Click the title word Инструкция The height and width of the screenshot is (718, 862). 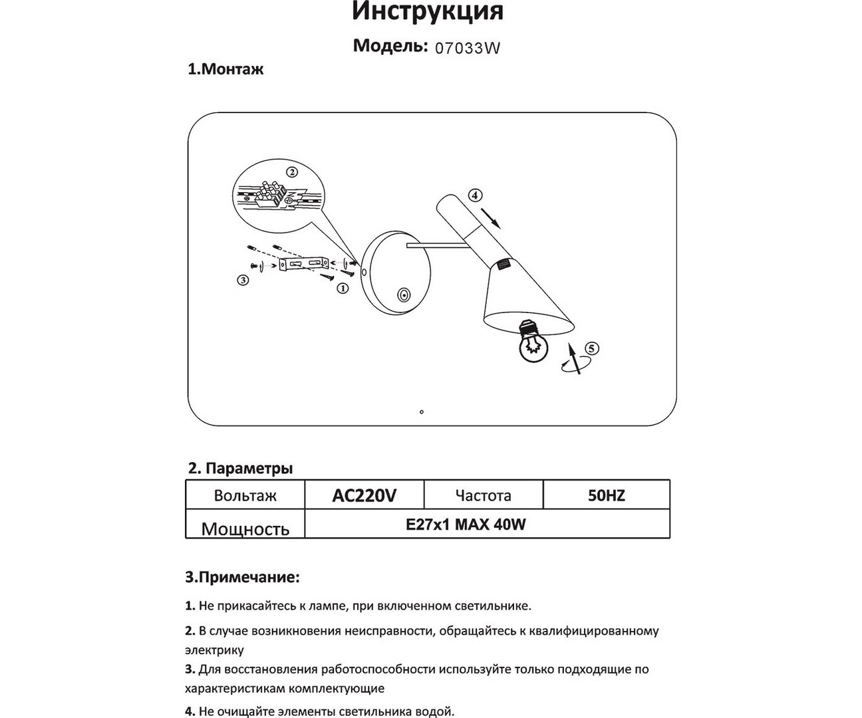(427, 11)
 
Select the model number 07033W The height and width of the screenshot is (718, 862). (467, 48)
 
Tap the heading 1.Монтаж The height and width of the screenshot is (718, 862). (225, 69)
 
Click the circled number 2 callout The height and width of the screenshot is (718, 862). (291, 172)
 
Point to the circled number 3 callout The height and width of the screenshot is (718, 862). (243, 281)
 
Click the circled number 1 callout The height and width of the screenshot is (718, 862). (343, 288)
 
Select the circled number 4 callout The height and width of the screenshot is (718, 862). (474, 195)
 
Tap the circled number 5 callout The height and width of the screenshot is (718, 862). (591, 348)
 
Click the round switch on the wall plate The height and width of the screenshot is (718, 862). (403, 295)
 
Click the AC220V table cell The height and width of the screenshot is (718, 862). (364, 495)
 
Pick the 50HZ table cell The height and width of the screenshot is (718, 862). (606, 495)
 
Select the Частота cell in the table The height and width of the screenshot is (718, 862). (483, 495)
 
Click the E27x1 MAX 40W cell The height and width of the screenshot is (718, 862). (466, 525)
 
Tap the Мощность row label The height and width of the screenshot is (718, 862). (245, 529)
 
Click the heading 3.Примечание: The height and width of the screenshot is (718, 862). (242, 577)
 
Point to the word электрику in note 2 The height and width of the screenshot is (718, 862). (214, 650)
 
